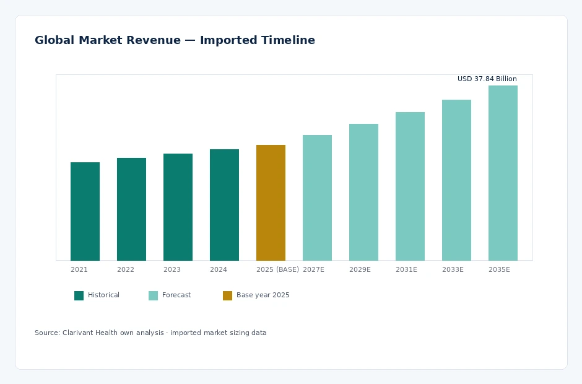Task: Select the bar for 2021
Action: (x=85, y=211)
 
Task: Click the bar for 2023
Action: (x=178, y=207)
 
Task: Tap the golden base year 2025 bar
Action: (x=271, y=203)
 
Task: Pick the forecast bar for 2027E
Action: (x=317, y=198)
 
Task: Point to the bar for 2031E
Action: (x=410, y=186)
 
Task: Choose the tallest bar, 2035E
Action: (x=503, y=173)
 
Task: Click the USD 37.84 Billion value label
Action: (x=487, y=79)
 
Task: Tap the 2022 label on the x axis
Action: (x=126, y=269)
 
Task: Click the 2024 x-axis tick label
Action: (x=218, y=269)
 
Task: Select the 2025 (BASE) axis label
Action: (x=277, y=269)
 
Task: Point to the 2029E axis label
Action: (x=360, y=269)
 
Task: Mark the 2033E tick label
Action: (x=453, y=269)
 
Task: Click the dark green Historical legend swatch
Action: (x=79, y=295)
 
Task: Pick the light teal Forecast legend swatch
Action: (x=154, y=295)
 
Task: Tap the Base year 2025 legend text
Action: (x=263, y=295)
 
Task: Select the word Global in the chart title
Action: (x=54, y=40)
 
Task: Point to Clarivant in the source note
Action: (x=77, y=333)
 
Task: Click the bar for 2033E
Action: (x=456, y=180)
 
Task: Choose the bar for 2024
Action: (x=224, y=205)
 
